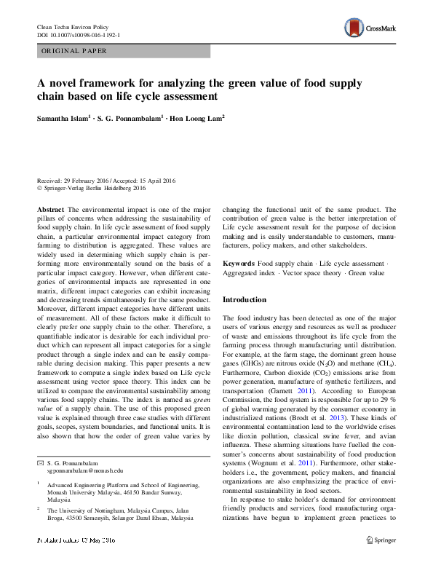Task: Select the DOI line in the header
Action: (79, 35)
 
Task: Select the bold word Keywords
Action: (238, 262)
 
